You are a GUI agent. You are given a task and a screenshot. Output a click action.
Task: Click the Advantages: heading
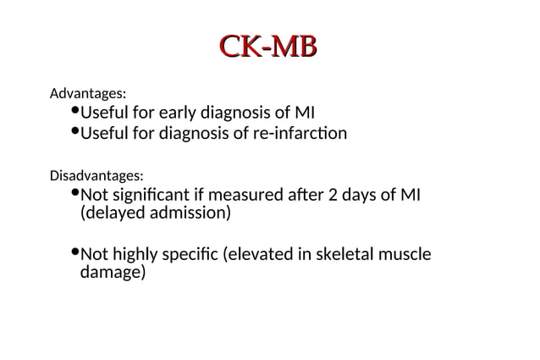88,91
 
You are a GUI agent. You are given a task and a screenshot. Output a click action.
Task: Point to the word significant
146,196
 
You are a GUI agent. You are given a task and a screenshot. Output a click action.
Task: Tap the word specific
194,255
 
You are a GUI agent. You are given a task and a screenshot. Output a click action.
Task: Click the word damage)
113,274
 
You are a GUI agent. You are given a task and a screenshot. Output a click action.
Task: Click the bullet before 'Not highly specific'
74,252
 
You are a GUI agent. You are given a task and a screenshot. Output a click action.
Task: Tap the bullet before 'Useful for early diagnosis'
74,110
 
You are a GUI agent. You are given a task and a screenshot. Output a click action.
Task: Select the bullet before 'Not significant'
74,194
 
